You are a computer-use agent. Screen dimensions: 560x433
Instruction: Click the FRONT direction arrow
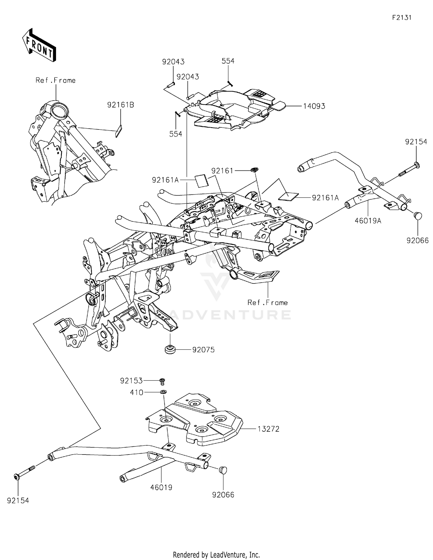[x=39, y=45]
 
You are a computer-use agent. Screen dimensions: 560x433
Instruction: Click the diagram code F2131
[x=402, y=18]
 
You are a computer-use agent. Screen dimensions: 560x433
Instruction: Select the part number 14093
[x=314, y=106]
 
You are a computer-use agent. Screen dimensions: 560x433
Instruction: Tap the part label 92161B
[x=120, y=105]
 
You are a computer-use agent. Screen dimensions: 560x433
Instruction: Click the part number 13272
[x=268, y=429]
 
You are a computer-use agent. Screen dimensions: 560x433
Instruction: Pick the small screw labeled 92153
[x=163, y=381]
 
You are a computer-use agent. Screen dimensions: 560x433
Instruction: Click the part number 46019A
[x=368, y=221]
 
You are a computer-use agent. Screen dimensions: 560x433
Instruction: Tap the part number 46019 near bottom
[x=161, y=487]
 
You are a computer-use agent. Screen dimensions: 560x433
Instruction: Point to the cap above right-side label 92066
[x=418, y=215]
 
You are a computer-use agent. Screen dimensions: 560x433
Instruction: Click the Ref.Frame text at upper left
[x=55, y=80]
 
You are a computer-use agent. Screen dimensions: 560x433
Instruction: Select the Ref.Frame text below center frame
[x=268, y=303]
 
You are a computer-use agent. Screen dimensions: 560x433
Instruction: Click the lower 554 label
[x=176, y=134]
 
